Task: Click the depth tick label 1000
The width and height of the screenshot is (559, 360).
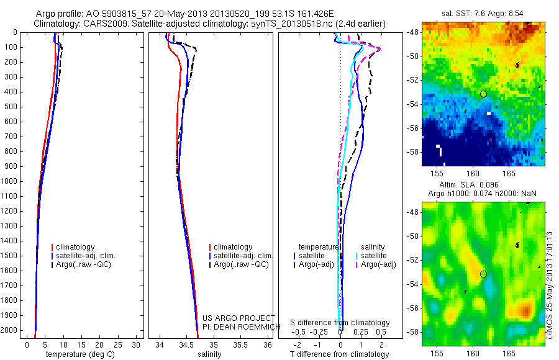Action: (x=10, y=181)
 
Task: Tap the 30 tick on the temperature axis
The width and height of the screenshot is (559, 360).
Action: (x=138, y=344)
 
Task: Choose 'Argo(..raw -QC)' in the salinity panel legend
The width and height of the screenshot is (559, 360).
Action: (x=241, y=264)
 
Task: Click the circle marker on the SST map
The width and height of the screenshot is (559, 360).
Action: (x=483, y=94)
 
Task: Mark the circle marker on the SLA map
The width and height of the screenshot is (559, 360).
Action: (x=483, y=274)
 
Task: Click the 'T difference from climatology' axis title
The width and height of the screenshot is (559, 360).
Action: (x=339, y=354)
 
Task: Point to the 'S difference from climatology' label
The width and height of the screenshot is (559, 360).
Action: (x=340, y=323)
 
